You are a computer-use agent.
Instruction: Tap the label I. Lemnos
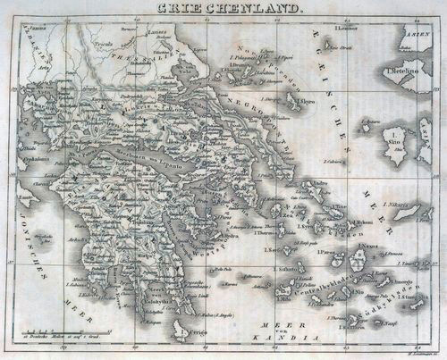coord(342,29)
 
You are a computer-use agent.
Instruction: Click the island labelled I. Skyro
coord(306,102)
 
